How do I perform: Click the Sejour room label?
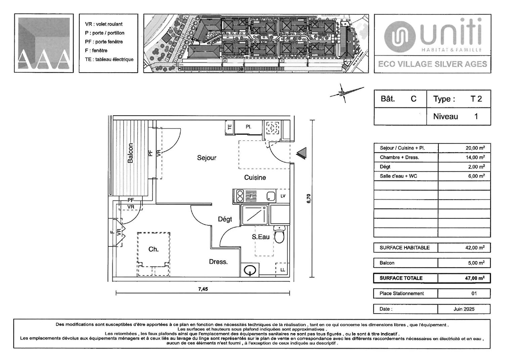(207, 158)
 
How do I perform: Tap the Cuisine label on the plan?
(255, 177)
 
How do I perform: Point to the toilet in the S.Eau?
(279, 234)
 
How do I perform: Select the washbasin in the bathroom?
(250, 271)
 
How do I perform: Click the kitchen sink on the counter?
(271, 196)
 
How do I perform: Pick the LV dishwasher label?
(283, 196)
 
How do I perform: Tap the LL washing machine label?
(283, 270)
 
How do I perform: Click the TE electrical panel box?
(230, 127)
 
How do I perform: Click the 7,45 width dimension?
(203, 289)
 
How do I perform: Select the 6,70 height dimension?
(309, 198)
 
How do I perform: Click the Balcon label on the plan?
(130, 153)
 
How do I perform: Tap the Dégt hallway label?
(225, 219)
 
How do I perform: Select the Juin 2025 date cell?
(464, 309)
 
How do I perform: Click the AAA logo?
(44, 43)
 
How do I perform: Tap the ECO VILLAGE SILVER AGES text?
(432, 64)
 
